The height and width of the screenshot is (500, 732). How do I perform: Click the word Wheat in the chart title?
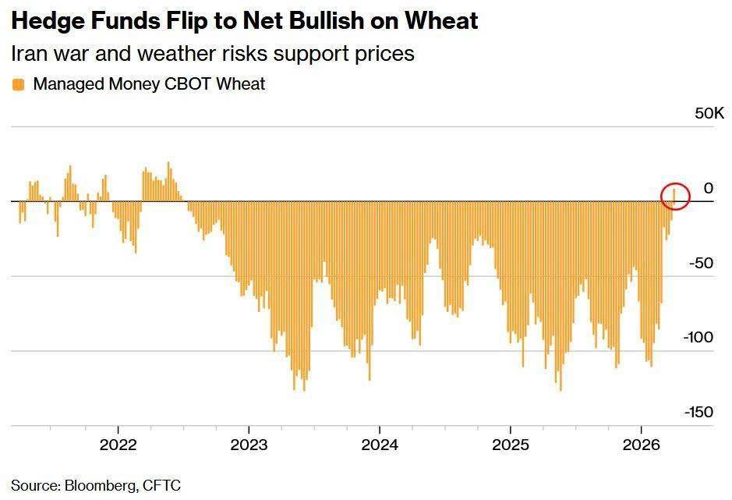[442, 20]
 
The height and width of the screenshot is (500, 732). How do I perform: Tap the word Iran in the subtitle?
[27, 53]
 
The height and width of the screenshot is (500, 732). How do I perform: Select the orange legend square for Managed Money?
[18, 84]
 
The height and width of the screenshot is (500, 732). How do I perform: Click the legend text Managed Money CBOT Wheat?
[149, 84]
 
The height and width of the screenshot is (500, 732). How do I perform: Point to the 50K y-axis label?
[709, 113]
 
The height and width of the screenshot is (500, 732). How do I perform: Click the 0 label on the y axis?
[708, 188]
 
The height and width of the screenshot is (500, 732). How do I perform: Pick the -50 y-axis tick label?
[701, 263]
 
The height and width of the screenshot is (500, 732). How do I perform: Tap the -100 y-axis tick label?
[698, 337]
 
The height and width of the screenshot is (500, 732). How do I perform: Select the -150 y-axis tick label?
[698, 412]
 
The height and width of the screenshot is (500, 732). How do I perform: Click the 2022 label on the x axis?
[118, 445]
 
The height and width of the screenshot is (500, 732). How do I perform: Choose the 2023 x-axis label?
[249, 445]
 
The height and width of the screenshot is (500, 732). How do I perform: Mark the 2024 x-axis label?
[380, 445]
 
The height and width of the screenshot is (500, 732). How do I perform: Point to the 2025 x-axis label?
[511, 445]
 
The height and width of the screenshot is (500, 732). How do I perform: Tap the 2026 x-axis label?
[641, 445]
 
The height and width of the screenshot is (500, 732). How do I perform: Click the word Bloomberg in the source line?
[101, 485]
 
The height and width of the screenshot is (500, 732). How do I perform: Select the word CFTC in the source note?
[161, 485]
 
